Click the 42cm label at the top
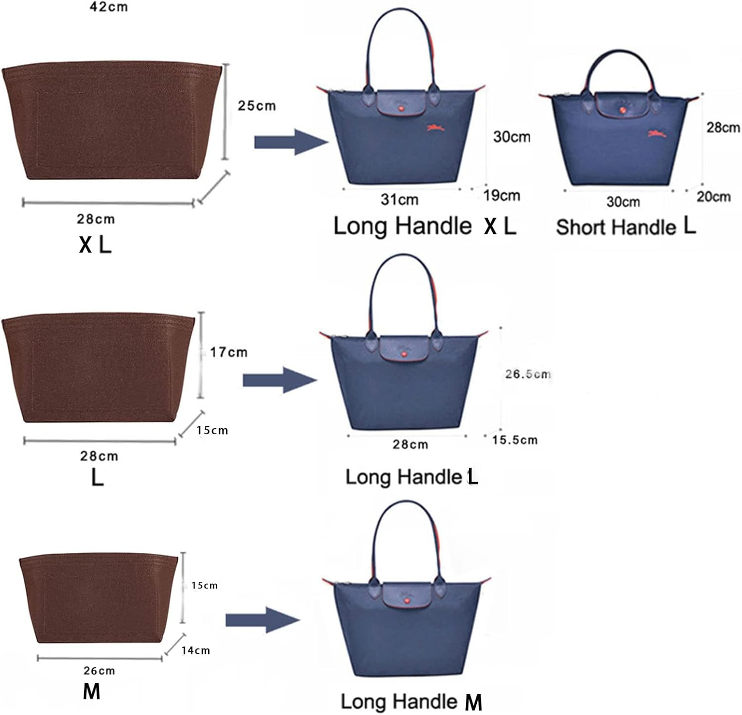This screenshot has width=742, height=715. [x=108, y=7]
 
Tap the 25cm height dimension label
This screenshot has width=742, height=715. [x=257, y=105]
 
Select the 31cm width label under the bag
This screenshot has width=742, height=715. [x=399, y=199]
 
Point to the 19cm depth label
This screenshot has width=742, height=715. [x=502, y=195]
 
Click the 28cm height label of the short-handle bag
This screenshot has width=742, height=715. [x=723, y=128]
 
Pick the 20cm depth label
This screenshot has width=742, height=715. [x=713, y=196]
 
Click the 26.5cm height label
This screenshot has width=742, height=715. [x=528, y=374]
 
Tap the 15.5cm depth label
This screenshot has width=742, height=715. [x=514, y=440]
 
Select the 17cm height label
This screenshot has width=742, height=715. [x=229, y=352]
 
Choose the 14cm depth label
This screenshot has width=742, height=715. [x=195, y=650]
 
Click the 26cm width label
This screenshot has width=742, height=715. [x=99, y=670]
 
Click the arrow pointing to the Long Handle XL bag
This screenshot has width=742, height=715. [x=291, y=142]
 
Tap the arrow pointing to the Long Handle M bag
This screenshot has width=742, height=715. [x=263, y=620]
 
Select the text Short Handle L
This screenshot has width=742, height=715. [x=626, y=226]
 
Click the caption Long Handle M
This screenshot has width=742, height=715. [x=411, y=702]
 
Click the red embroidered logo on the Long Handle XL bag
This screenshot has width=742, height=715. [x=435, y=128]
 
